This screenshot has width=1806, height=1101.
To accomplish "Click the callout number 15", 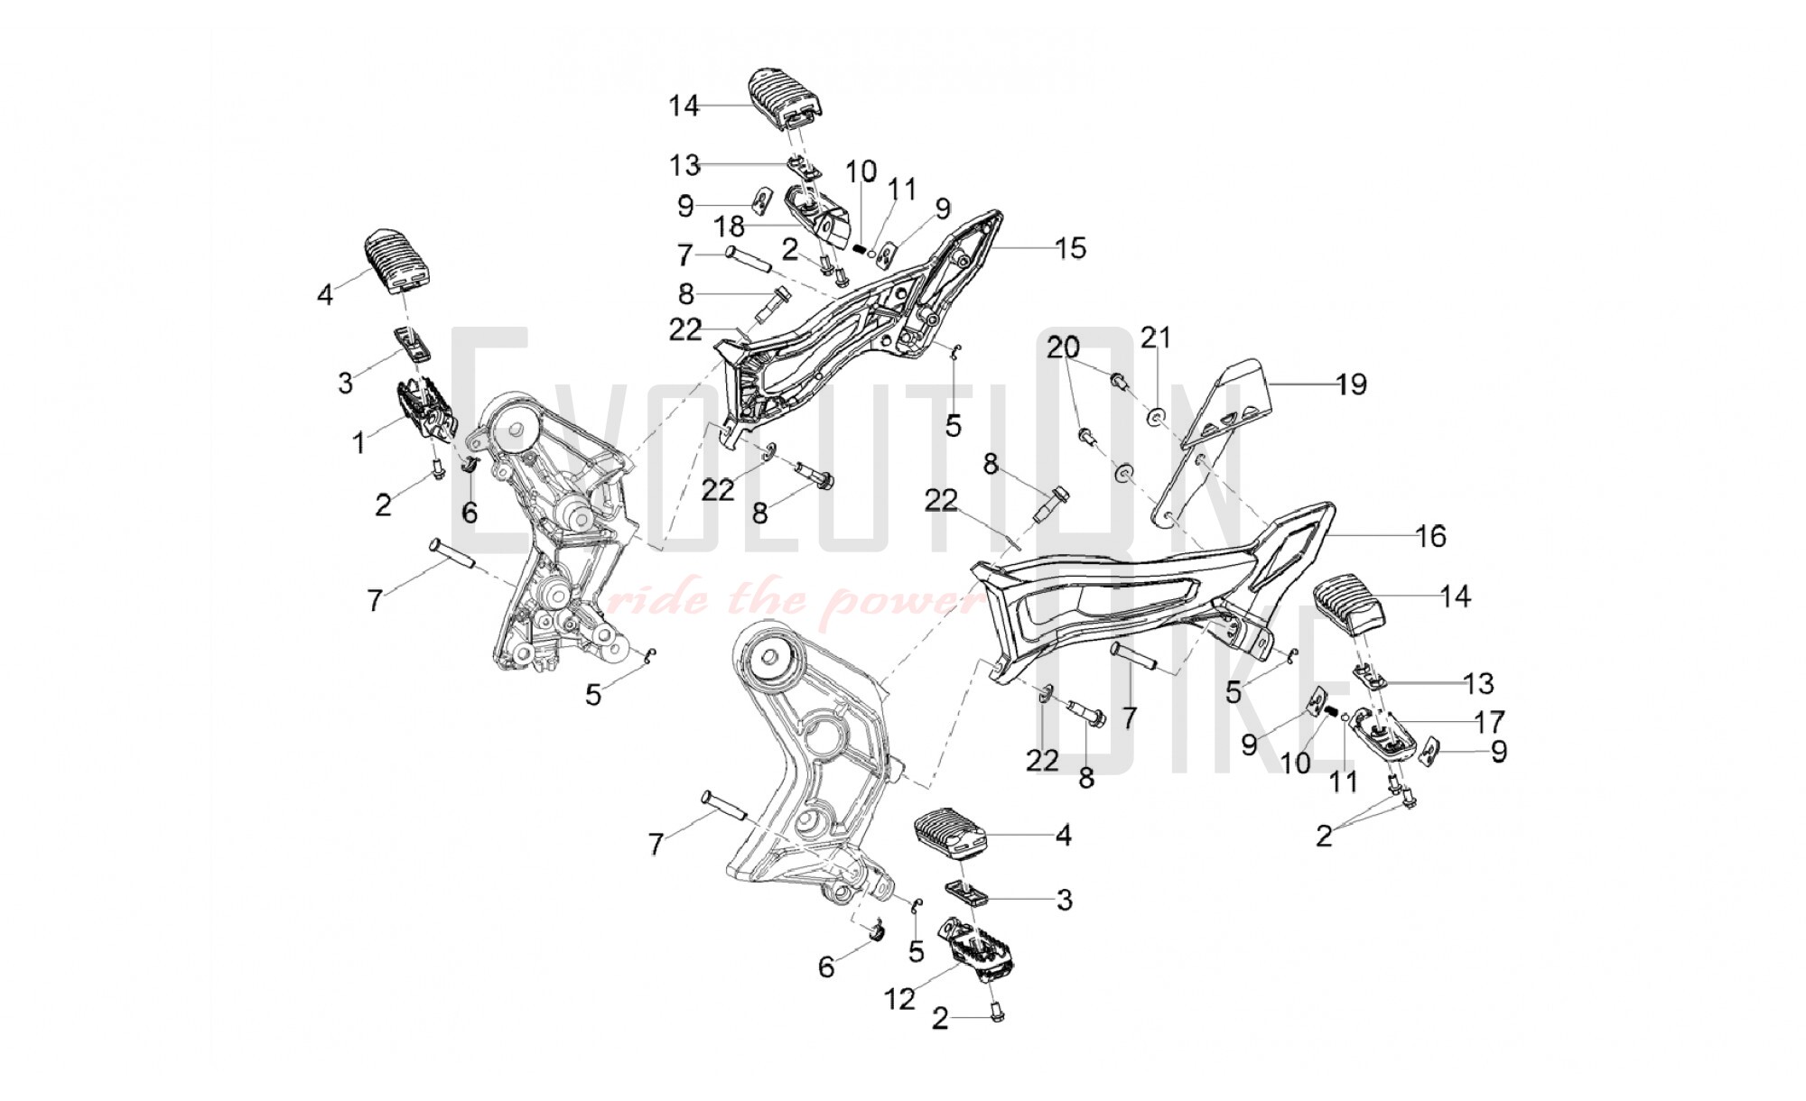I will (x=1071, y=248).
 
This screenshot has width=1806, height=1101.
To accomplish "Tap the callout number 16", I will (x=1431, y=536).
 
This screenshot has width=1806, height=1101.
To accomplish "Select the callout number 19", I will (x=1352, y=384).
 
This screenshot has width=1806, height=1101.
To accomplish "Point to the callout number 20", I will (x=1064, y=347).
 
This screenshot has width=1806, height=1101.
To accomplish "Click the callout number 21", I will (x=1156, y=338).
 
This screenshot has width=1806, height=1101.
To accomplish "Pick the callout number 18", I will (x=730, y=226).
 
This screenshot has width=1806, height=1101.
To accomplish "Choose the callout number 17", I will (x=1490, y=722).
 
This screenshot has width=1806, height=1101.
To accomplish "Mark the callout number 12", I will (x=900, y=999).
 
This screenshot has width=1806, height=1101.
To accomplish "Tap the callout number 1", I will (x=359, y=442).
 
